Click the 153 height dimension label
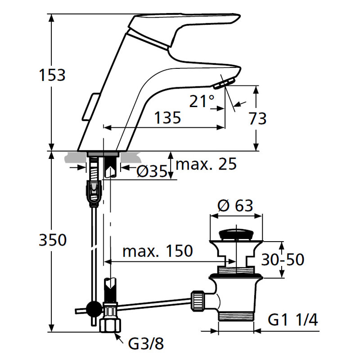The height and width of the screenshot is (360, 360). click(52, 75)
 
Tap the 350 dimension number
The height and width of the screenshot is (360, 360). click(53, 240)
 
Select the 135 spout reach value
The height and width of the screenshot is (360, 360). click(167, 117)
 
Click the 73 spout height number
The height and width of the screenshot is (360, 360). click(257, 118)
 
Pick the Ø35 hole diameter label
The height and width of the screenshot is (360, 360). click(152, 171)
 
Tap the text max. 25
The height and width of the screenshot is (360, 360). click(206, 164)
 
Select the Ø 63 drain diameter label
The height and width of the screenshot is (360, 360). click(235, 205)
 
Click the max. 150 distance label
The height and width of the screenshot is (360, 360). click(157, 251)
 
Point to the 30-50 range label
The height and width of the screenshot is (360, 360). click(283, 260)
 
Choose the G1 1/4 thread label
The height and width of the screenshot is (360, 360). click(293, 319)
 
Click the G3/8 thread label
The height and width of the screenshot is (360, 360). click(146, 343)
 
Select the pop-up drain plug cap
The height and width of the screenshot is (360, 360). click(236, 235)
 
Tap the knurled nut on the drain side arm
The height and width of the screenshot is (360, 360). click(198, 301)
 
